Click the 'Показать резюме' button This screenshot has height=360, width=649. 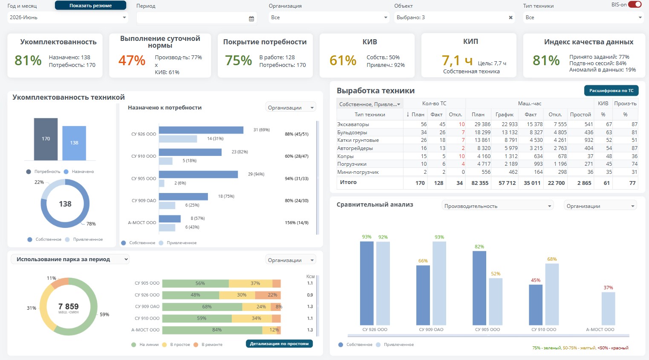coord(90,6)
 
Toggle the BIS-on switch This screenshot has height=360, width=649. coord(635,5)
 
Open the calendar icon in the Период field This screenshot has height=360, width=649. coord(251,18)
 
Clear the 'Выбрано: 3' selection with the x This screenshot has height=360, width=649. coord(511,17)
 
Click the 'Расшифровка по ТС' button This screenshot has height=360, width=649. coord(612,91)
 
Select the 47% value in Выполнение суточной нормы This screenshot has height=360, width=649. coord(132,60)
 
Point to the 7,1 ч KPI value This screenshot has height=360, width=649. coord(457,60)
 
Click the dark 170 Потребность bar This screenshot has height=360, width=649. coord(46,139)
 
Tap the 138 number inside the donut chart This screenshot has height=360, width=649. coord(65,204)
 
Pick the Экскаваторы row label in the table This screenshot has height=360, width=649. coord(353,124)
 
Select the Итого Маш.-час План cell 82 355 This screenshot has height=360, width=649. coord(480,183)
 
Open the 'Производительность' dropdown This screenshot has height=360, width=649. coord(497,206)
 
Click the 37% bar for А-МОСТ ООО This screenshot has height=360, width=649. coord(608,308)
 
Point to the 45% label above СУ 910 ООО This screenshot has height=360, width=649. coord(535,280)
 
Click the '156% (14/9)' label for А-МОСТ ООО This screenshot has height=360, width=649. coord(297,223)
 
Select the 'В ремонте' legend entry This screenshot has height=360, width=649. coord(209,345)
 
